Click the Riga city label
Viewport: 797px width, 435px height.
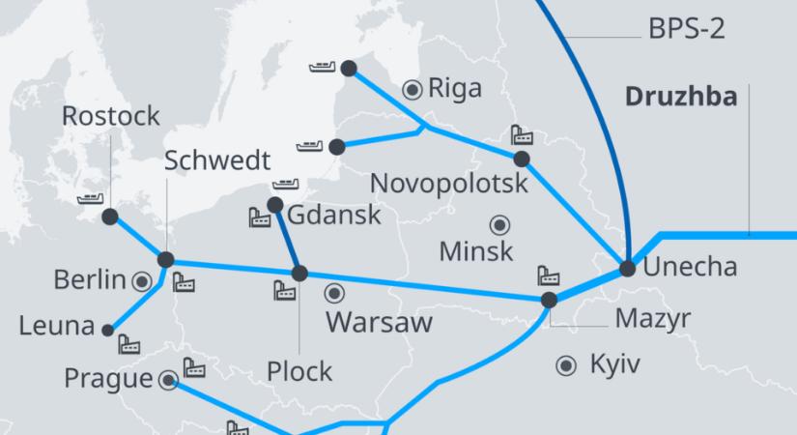pos(454,89)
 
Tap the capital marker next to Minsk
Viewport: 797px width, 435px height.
pos(499,225)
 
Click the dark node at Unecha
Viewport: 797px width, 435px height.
pos(627,268)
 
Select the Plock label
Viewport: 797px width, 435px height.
pos(299,370)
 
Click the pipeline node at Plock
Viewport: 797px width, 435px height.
pos(299,274)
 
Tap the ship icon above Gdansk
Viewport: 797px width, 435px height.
pos(287,183)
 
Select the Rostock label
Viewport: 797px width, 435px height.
pos(110,117)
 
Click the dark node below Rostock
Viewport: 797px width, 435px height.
pos(109,217)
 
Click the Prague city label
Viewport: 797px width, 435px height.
pos(109,378)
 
